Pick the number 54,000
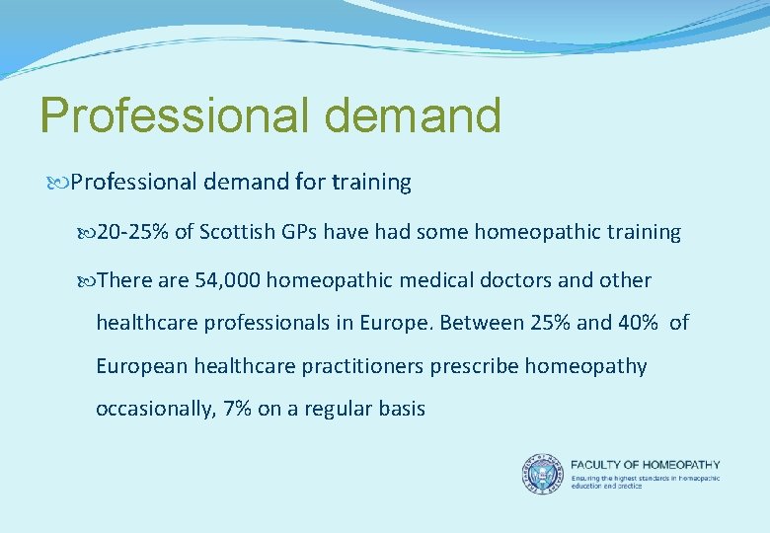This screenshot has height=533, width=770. tap(228, 280)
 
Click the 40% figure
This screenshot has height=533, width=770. tap(636, 323)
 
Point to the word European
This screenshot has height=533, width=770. tap(140, 366)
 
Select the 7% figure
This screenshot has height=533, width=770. tap(238, 409)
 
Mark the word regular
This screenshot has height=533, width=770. tap(331, 409)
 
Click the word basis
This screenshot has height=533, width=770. tap(400, 409)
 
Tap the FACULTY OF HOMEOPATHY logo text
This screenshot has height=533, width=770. tap(646, 465)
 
